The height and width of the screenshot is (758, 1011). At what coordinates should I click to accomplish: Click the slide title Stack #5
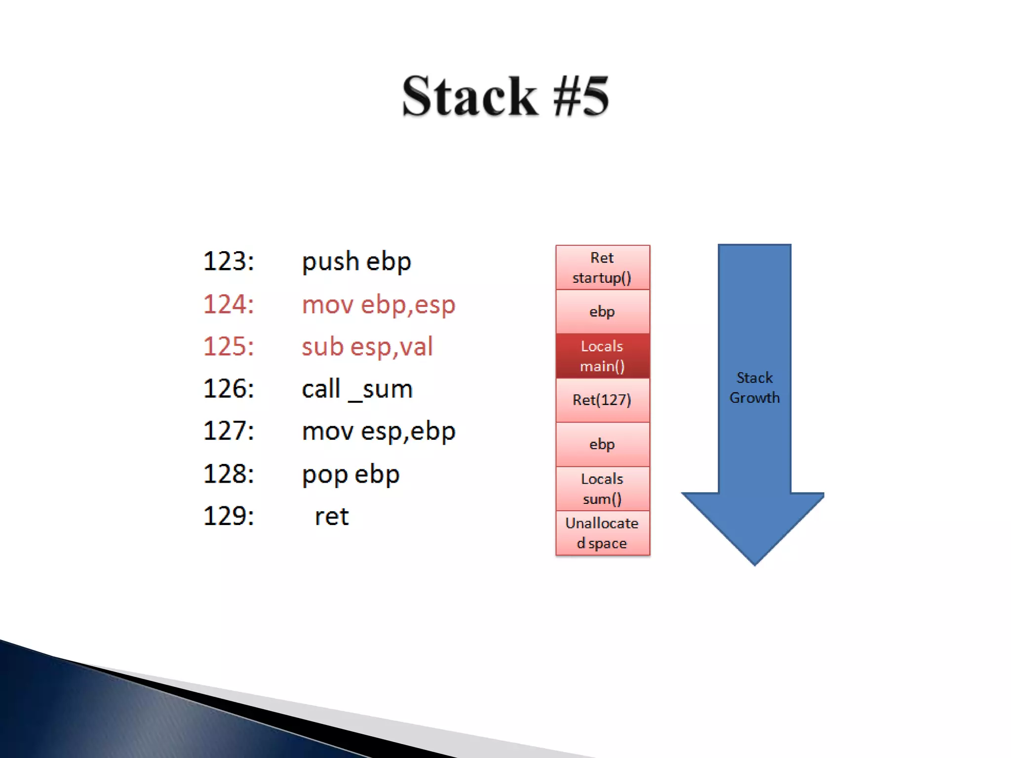pos(505,96)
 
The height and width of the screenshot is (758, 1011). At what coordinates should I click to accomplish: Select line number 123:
pos(229,261)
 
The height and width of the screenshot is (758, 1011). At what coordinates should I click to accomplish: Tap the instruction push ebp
pos(356,262)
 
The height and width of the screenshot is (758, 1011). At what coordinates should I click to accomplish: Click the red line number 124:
pos(229,304)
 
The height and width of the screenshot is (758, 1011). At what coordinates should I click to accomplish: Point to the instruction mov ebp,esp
pos(378,304)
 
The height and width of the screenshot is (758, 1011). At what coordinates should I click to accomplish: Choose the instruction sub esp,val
pos(367,346)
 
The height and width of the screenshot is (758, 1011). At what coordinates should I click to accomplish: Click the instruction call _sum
pos(357,389)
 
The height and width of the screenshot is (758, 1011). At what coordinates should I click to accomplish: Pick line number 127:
pos(229,431)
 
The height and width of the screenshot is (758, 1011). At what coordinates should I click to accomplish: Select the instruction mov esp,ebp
pos(378,431)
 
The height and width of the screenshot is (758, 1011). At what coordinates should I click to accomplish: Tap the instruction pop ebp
pos(350,474)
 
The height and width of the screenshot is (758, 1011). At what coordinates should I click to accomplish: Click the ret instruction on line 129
pos(332,517)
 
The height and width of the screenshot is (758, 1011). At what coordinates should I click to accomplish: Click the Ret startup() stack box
pos(602,267)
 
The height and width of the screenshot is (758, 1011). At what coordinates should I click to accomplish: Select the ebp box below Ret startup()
pos(602,312)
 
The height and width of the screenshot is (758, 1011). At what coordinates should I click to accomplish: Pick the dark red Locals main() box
pos(602,356)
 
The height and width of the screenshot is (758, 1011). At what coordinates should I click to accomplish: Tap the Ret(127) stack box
pos(602,400)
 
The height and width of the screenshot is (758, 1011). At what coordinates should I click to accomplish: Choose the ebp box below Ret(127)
pos(602,444)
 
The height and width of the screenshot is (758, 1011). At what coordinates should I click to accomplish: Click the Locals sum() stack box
pos(602,489)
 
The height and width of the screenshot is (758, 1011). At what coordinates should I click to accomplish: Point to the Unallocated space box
pos(602,533)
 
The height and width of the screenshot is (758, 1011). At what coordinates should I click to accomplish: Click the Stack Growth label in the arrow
pos(754,387)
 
